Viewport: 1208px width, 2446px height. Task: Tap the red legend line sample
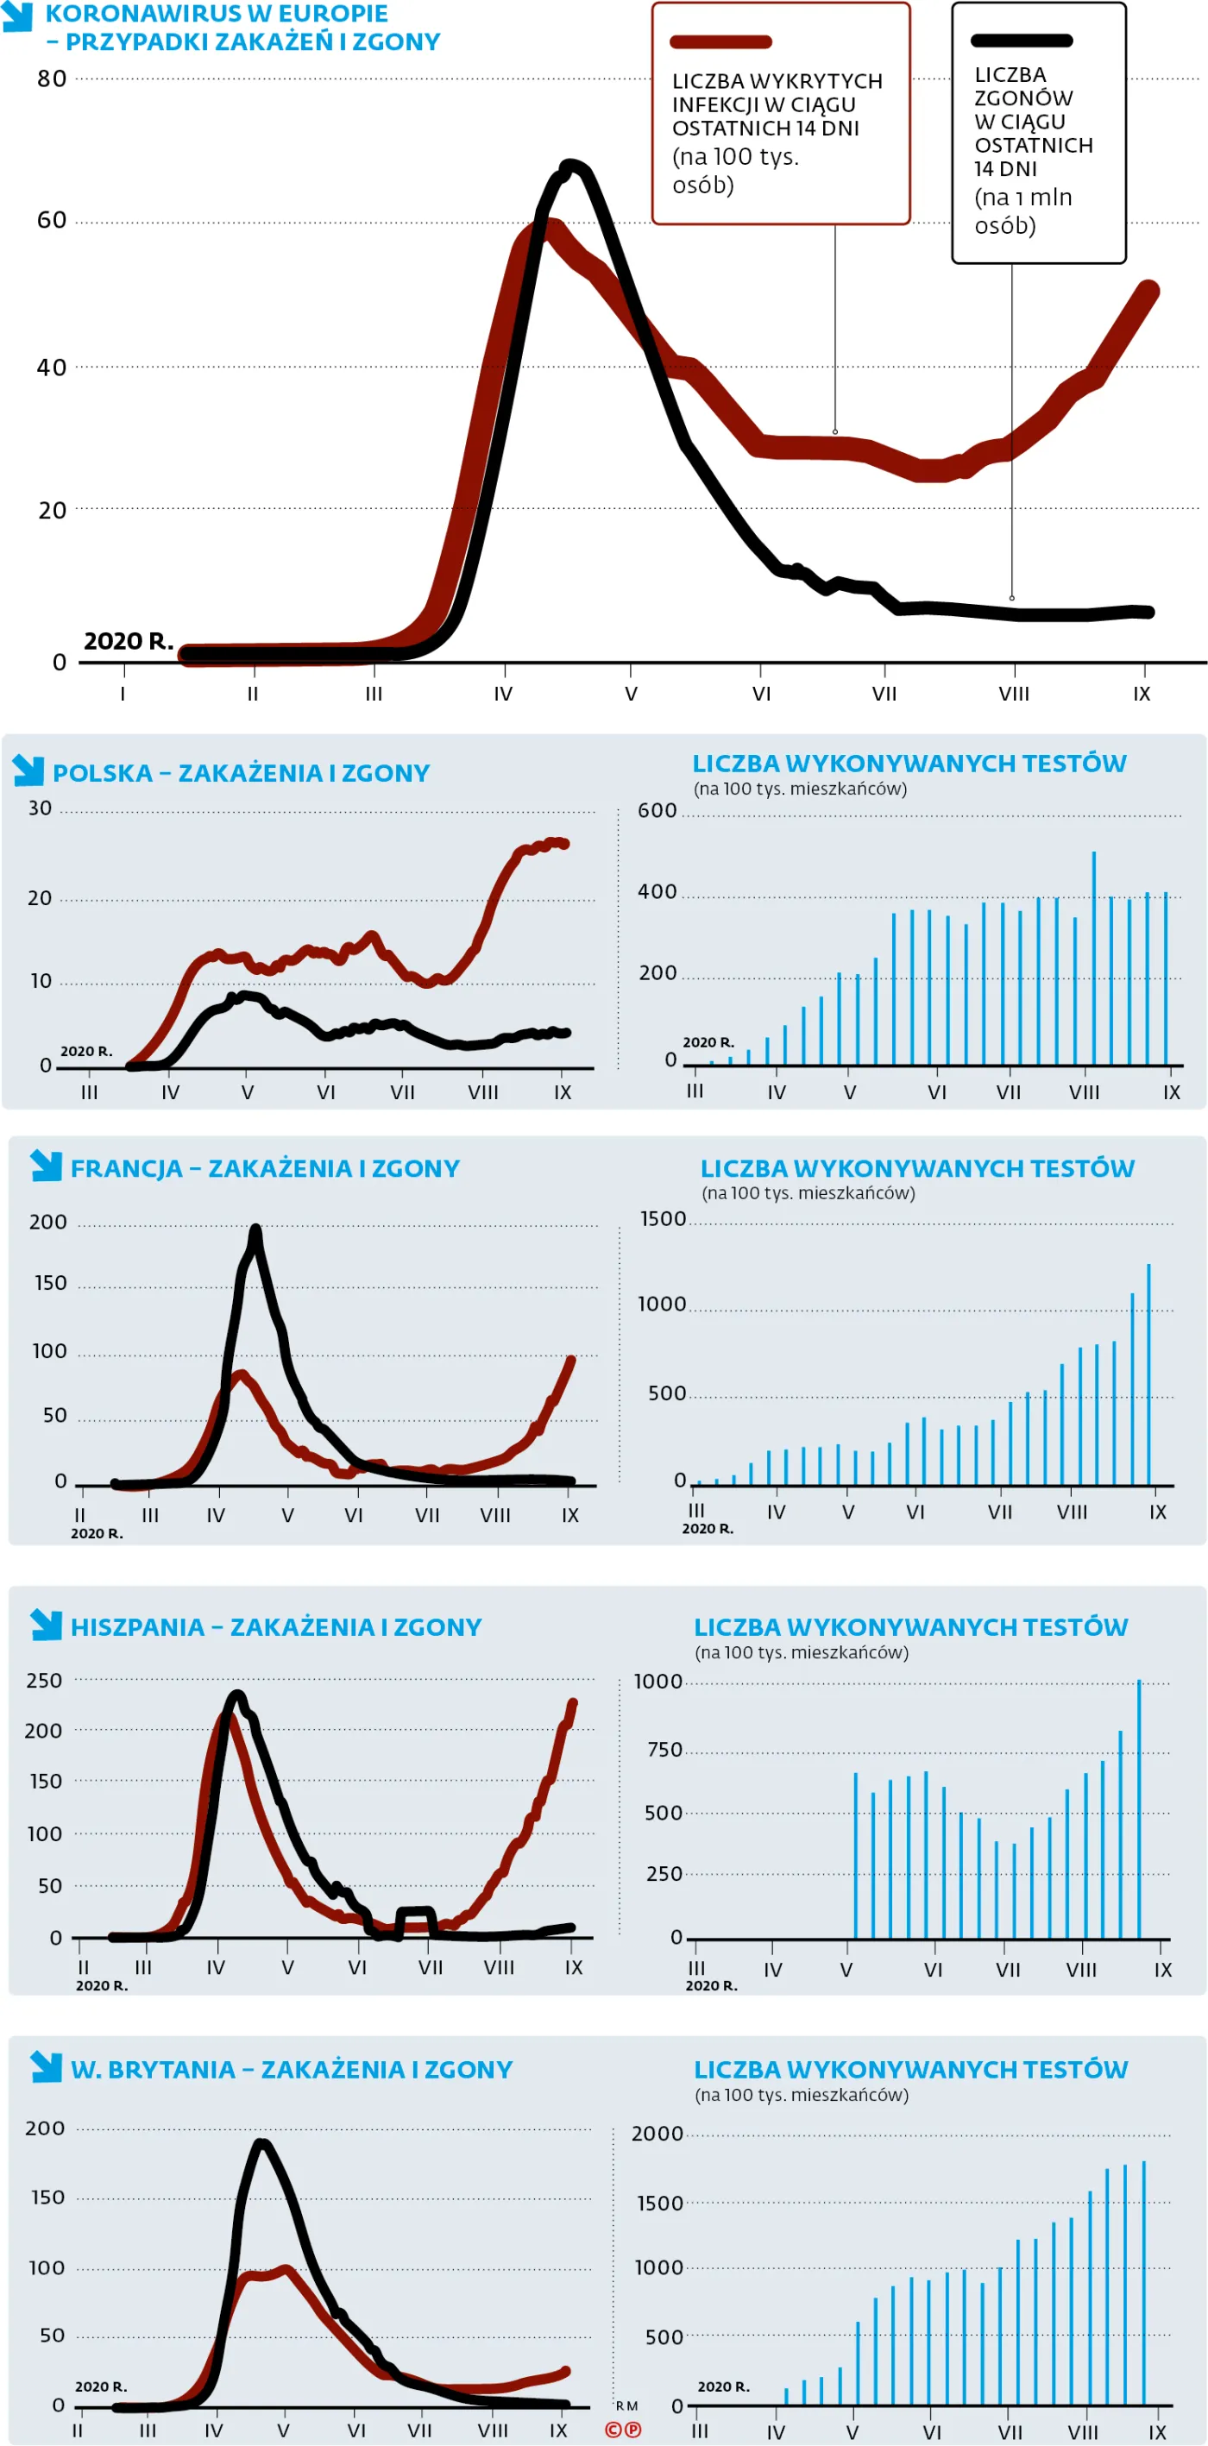pyautogui.click(x=720, y=41)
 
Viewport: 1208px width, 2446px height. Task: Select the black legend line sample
pyautogui.click(x=1021, y=41)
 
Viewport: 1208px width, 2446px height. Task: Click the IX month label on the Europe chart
pyautogui.click(x=1142, y=694)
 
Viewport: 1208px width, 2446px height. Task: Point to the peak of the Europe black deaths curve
pyautogui.click(x=569, y=167)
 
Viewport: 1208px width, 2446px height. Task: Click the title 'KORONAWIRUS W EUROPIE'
pyautogui.click(x=217, y=15)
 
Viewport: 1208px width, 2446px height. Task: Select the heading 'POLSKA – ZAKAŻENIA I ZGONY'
pyautogui.click(x=242, y=773)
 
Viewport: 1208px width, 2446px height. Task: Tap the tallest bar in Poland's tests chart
pyautogui.click(x=1094, y=958)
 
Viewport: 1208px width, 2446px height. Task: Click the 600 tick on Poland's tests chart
pyautogui.click(x=657, y=811)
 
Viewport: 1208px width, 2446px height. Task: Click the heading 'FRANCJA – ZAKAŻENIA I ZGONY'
pyautogui.click(x=265, y=1168)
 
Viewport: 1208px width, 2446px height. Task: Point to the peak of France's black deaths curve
pyautogui.click(x=255, y=1230)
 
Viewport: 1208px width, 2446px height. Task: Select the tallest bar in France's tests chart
pyautogui.click(x=1149, y=1374)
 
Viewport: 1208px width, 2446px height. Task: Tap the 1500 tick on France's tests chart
pyautogui.click(x=663, y=1219)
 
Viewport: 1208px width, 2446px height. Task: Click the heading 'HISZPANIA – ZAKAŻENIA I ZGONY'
pyautogui.click(x=276, y=1626)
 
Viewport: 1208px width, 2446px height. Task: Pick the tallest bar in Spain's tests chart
pyautogui.click(x=1140, y=1809)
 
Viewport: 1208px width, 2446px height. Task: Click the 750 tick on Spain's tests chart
pyautogui.click(x=664, y=1749)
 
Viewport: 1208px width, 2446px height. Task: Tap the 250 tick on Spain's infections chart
pyautogui.click(x=44, y=1681)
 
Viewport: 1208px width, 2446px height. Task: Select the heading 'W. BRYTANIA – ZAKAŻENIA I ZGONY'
pyautogui.click(x=292, y=2069)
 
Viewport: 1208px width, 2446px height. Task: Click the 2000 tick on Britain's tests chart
pyautogui.click(x=657, y=2134)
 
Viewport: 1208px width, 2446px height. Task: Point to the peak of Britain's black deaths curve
pyautogui.click(x=262, y=2142)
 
